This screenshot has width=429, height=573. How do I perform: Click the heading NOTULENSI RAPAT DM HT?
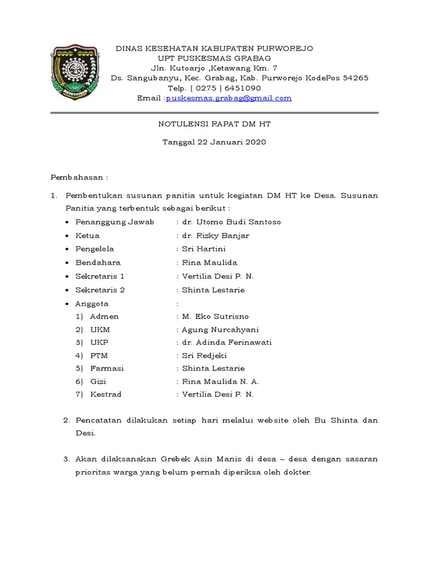[214, 124]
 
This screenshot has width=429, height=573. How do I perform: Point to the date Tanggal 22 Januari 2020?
[214, 142]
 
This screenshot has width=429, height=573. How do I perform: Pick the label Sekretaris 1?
[100, 276]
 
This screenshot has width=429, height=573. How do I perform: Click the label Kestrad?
[106, 394]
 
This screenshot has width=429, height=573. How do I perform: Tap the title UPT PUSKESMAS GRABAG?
[214, 58]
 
